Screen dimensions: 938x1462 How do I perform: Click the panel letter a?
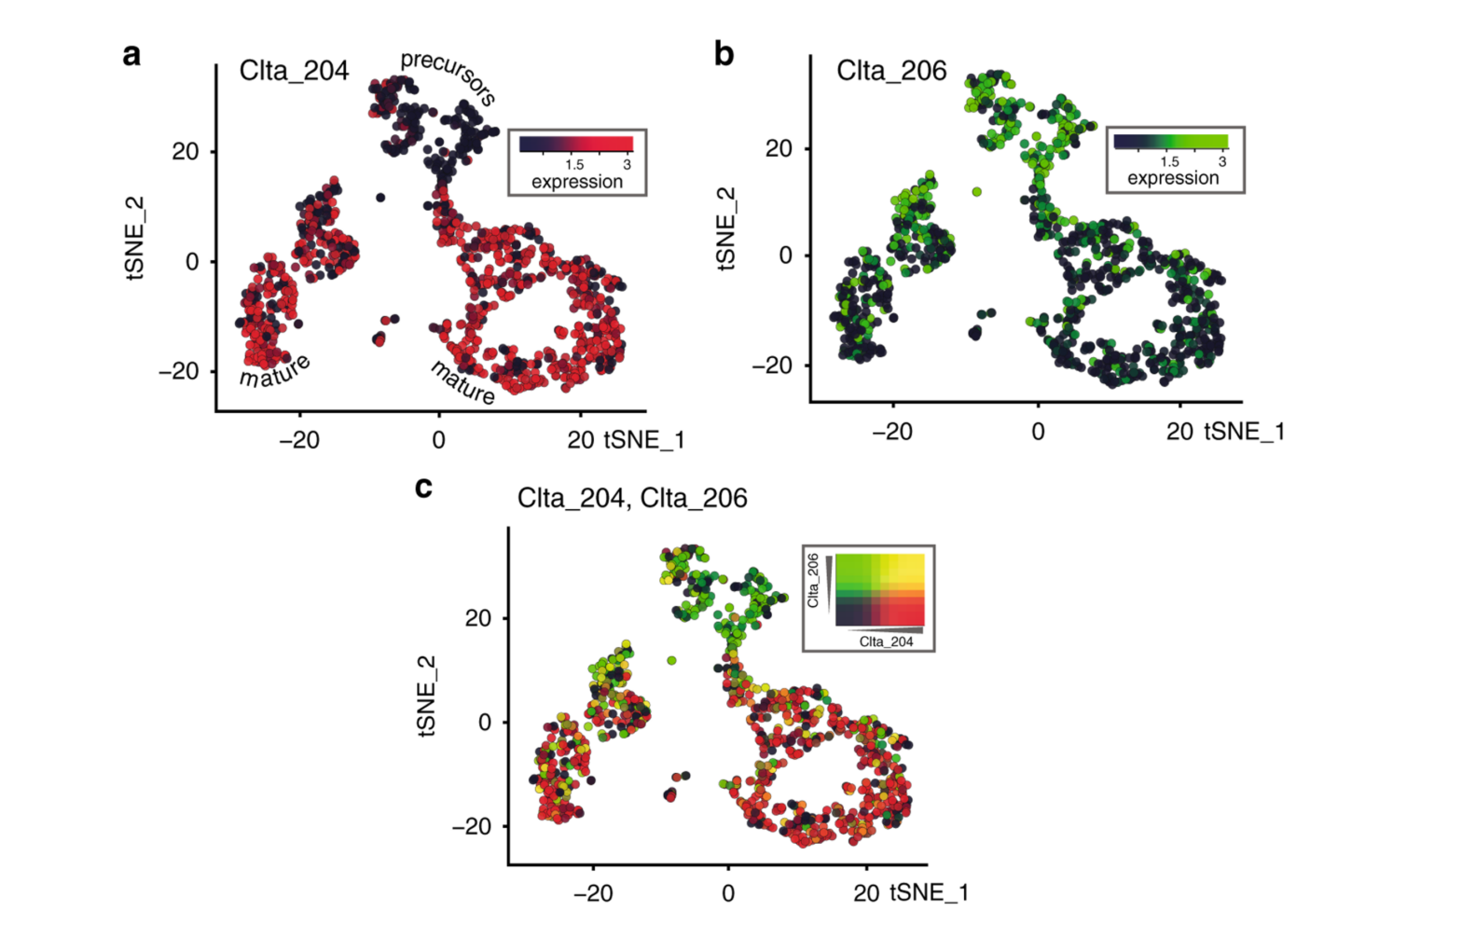click(131, 55)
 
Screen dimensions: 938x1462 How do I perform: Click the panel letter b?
click(724, 54)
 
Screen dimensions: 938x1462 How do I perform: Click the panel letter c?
click(423, 487)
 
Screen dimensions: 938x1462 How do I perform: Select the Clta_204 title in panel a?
click(294, 71)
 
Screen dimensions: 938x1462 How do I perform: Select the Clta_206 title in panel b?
click(890, 71)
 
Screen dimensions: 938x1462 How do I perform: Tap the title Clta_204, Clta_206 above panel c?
click(632, 498)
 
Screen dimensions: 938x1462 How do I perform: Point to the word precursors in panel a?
click(448, 77)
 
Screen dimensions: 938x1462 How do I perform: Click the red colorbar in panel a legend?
click(576, 144)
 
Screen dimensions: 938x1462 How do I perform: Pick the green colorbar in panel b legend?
click(1171, 141)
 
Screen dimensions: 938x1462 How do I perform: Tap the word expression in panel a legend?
click(576, 182)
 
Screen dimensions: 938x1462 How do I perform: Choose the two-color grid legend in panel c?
click(879, 590)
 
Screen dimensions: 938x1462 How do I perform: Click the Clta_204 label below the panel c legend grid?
click(886, 641)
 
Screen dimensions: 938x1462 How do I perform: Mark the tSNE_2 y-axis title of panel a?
click(136, 238)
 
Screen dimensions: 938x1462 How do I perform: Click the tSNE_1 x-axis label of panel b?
click(1244, 432)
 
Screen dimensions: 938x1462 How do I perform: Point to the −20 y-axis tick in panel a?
click(179, 371)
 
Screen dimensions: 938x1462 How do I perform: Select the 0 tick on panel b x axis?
click(1038, 432)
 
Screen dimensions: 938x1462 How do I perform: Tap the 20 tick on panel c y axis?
click(477, 618)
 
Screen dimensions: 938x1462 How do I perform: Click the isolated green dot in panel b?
click(976, 192)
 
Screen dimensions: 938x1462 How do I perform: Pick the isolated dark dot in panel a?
click(380, 198)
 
